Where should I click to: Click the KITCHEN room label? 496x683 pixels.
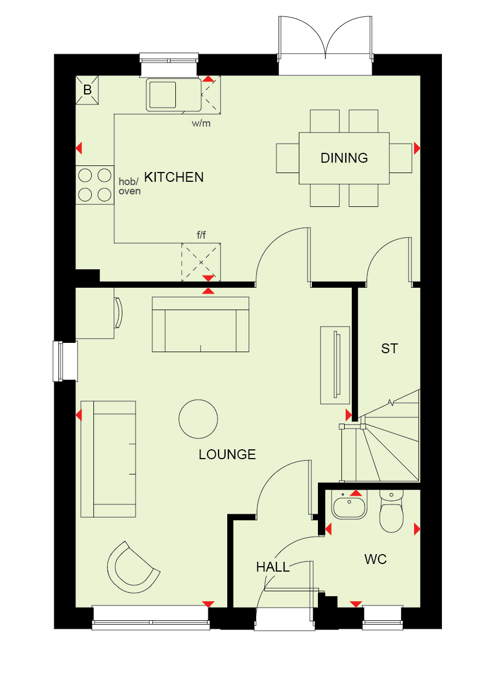pyautogui.click(x=174, y=177)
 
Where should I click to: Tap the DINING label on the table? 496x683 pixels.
pyautogui.click(x=344, y=158)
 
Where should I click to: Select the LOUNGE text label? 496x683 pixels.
pyautogui.click(x=227, y=454)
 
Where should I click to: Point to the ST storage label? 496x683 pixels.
pyautogui.click(x=389, y=348)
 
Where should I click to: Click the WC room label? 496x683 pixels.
pyautogui.click(x=375, y=559)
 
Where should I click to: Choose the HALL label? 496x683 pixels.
pyautogui.click(x=273, y=567)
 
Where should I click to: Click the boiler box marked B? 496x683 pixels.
pyautogui.click(x=87, y=90)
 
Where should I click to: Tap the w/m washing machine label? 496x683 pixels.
pyautogui.click(x=201, y=123)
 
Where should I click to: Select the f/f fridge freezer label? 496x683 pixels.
pyautogui.click(x=201, y=235)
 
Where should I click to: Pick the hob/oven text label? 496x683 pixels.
pyautogui.click(x=129, y=186)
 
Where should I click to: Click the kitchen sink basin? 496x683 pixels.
pyautogui.click(x=162, y=95)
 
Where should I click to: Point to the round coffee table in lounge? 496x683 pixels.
pyautogui.click(x=198, y=419)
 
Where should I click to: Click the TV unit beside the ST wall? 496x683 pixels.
pyautogui.click(x=335, y=365)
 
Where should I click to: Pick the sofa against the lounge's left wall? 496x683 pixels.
pyautogui.click(x=108, y=459)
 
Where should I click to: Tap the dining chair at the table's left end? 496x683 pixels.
pyautogui.click(x=288, y=158)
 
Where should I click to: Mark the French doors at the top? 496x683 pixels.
pyautogui.click(x=325, y=46)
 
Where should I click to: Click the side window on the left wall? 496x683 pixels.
pyautogui.click(x=66, y=361)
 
